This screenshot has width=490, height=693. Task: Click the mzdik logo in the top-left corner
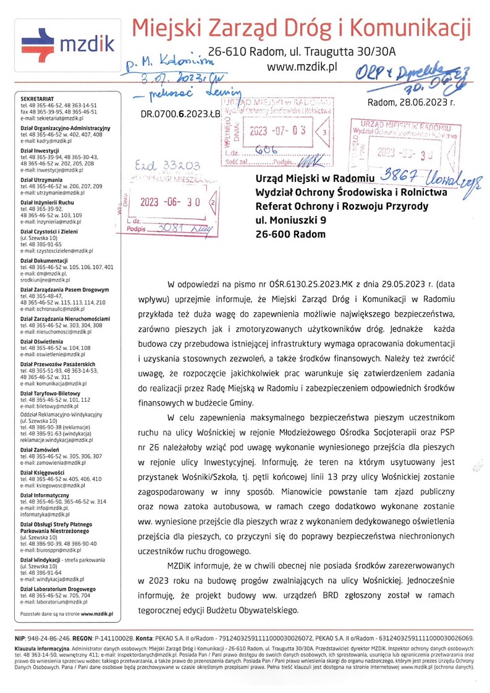pos(67,42)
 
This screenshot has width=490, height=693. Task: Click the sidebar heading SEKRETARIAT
pos(37,98)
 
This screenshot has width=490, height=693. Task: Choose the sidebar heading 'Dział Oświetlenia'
pos(46,341)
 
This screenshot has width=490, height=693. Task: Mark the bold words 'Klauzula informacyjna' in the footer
pos(42,649)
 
